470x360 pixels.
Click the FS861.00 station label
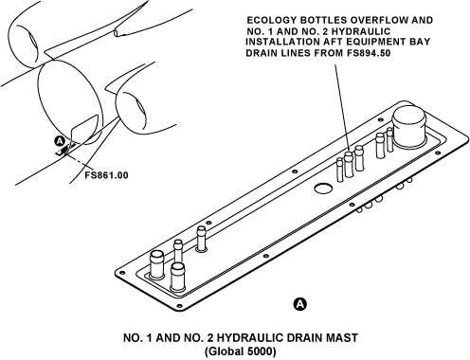106,175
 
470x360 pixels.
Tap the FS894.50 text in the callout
369,53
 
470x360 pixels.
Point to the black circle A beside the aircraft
60,141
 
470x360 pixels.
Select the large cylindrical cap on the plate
408,128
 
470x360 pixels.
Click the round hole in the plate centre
323,189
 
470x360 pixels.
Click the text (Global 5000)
240,351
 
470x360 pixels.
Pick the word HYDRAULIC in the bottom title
248,338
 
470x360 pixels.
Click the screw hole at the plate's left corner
119,273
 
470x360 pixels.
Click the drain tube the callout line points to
348,164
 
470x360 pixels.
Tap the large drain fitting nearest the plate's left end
156,263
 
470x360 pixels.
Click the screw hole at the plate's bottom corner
180,306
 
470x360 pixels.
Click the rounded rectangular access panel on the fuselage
83,130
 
